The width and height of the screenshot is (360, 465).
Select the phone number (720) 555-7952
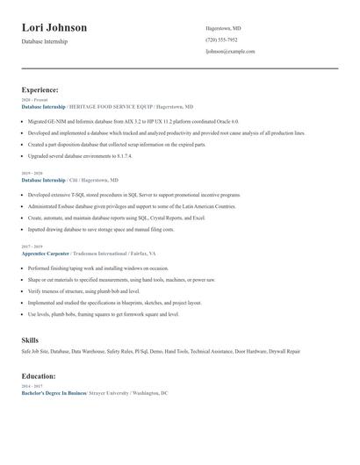(221, 39)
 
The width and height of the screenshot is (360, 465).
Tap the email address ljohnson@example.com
(230, 52)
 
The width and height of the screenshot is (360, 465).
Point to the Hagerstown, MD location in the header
(224, 27)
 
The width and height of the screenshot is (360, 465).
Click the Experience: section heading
(40, 89)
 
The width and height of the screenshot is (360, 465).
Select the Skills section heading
(31, 339)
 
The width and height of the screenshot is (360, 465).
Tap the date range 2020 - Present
(34, 100)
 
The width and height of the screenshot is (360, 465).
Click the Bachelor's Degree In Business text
(54, 393)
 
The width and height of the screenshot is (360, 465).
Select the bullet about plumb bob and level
(83, 290)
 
